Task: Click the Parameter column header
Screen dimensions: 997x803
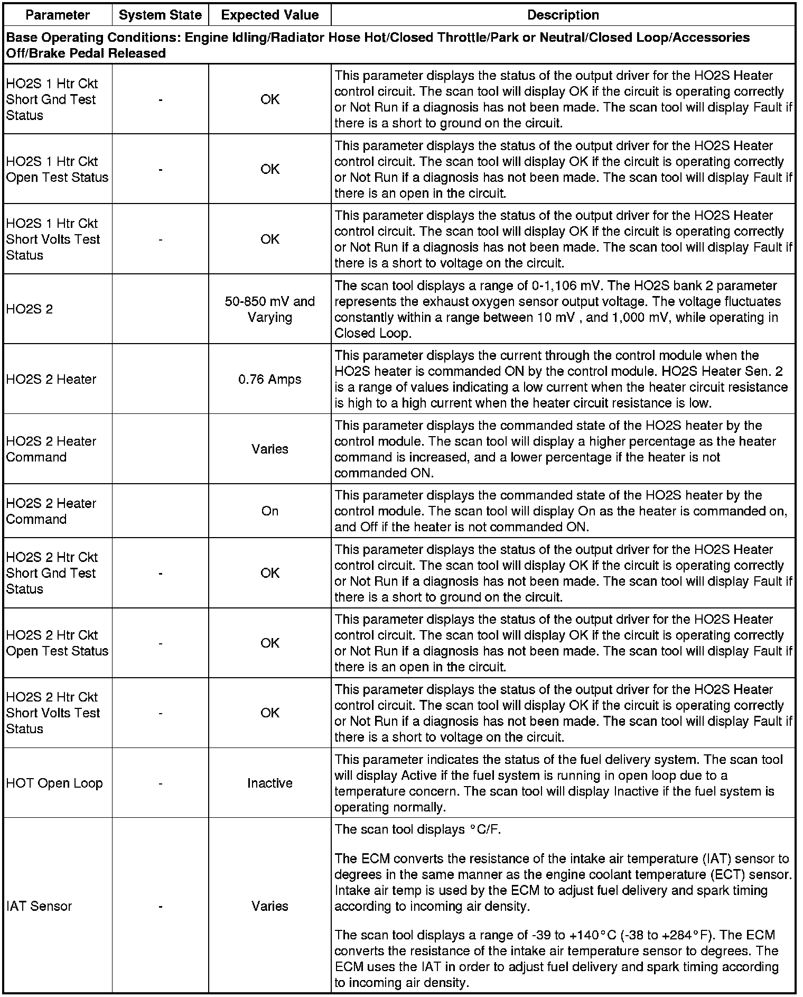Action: click(58, 15)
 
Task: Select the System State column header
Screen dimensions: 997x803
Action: click(160, 15)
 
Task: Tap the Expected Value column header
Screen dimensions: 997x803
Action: click(269, 15)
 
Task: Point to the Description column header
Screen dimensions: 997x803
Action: click(563, 15)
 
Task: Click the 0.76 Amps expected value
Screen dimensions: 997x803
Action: click(269, 379)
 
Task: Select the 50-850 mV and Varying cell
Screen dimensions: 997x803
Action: click(269, 309)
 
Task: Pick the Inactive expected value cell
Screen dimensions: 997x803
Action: click(269, 783)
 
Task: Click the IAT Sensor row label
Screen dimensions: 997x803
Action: click(39, 906)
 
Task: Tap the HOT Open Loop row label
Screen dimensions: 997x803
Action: click(54, 783)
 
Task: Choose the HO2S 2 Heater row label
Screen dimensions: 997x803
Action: click(51, 379)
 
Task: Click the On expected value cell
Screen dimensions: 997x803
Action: click(269, 511)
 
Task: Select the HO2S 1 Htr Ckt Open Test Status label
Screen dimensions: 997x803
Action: click(57, 169)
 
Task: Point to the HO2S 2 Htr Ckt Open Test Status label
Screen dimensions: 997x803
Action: click(57, 643)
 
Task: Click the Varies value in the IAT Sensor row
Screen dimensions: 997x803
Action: click(269, 906)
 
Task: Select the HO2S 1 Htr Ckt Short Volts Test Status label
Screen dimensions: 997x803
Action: click(53, 239)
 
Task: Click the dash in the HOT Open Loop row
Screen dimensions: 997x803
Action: click(160, 783)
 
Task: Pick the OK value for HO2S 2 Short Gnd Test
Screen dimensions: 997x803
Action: click(269, 573)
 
